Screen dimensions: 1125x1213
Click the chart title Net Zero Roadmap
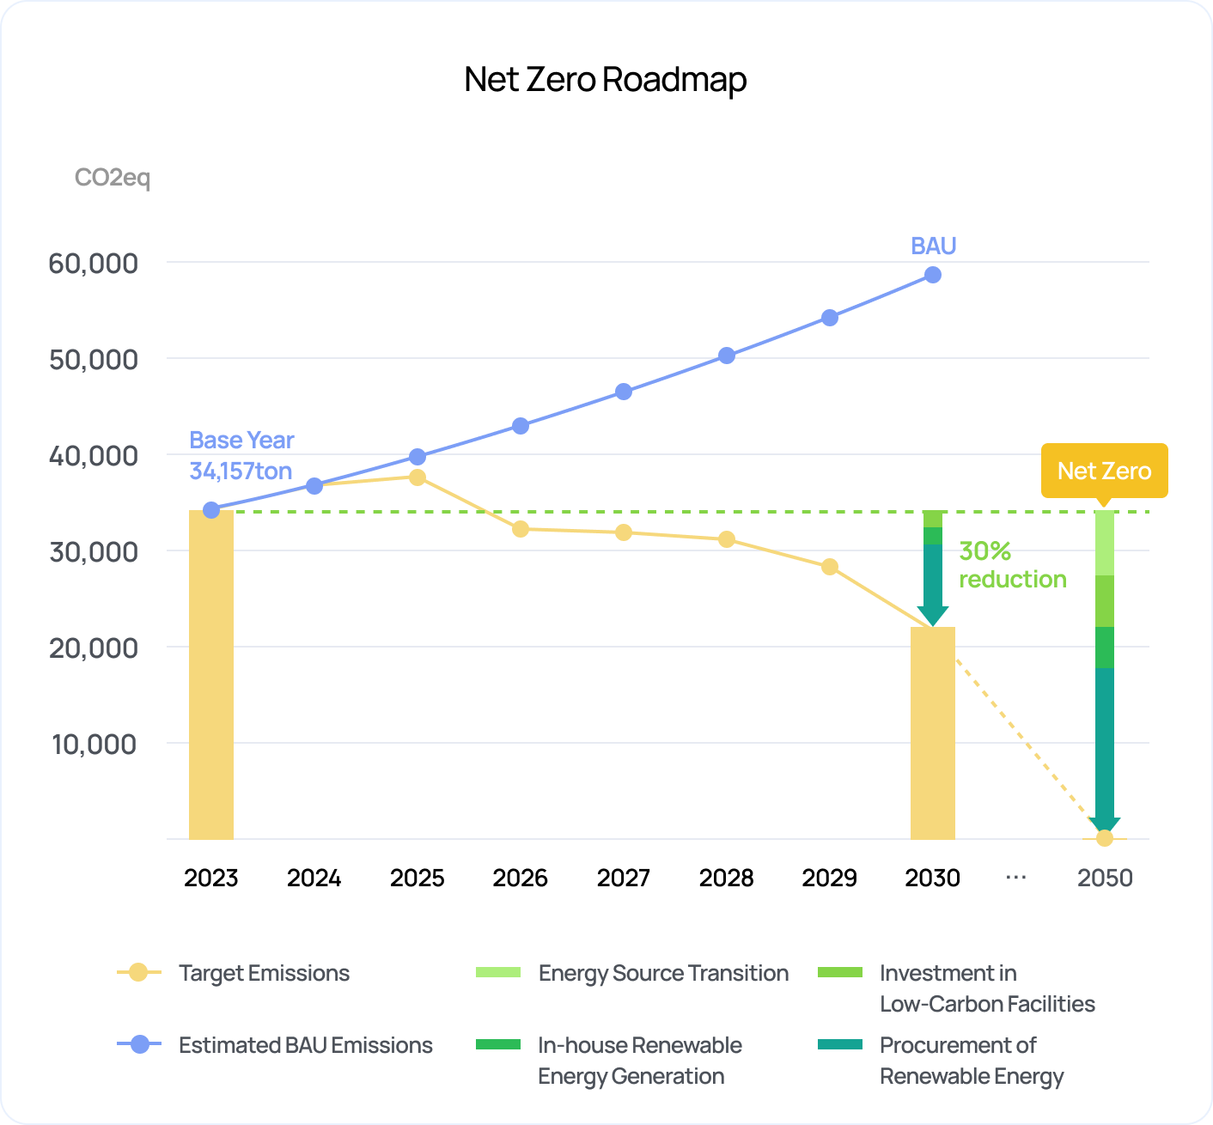(x=605, y=79)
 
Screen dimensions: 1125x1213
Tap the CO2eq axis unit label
(x=113, y=178)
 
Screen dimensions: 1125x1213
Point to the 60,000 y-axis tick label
(x=93, y=263)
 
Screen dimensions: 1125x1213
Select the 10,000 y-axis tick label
(x=94, y=744)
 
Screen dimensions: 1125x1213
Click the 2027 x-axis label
(x=624, y=878)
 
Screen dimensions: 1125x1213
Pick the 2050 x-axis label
(x=1105, y=878)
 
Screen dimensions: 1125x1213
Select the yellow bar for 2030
(x=933, y=734)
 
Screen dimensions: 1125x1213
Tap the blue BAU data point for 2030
(x=933, y=275)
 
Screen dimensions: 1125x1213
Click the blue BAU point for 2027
(x=624, y=392)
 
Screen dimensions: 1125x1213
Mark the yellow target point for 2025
(x=418, y=477)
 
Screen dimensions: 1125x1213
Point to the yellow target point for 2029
(x=830, y=567)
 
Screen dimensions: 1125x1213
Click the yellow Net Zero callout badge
(x=1104, y=471)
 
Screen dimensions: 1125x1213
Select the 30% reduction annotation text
(x=1012, y=565)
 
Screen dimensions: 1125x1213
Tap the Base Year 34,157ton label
(x=241, y=456)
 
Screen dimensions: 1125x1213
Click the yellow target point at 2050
(x=1105, y=838)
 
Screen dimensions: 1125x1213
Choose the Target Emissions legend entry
(x=264, y=973)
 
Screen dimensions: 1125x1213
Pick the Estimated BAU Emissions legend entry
(x=305, y=1045)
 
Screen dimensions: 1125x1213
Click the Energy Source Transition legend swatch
(x=498, y=972)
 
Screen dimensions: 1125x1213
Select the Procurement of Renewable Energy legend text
(x=972, y=1061)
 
